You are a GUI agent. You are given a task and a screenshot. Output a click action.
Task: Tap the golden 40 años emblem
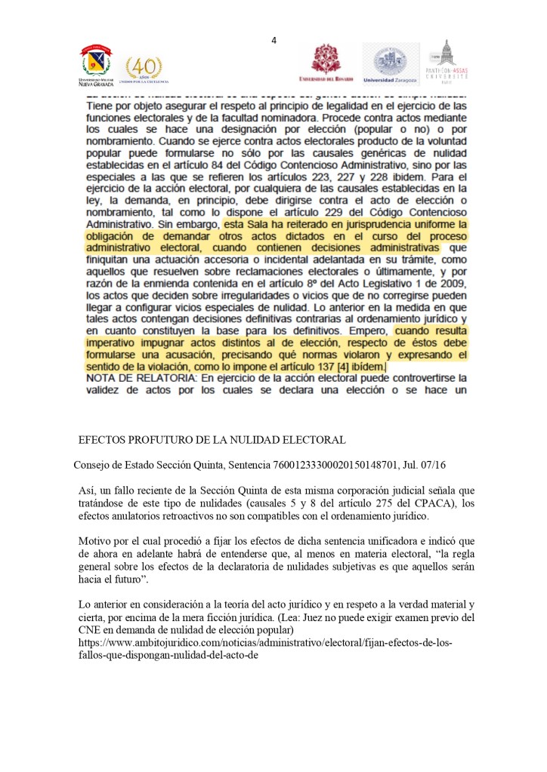143,69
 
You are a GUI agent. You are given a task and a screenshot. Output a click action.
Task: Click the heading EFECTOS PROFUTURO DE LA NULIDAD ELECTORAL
212,440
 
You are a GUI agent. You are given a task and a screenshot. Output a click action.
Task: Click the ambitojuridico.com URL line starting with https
265,643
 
